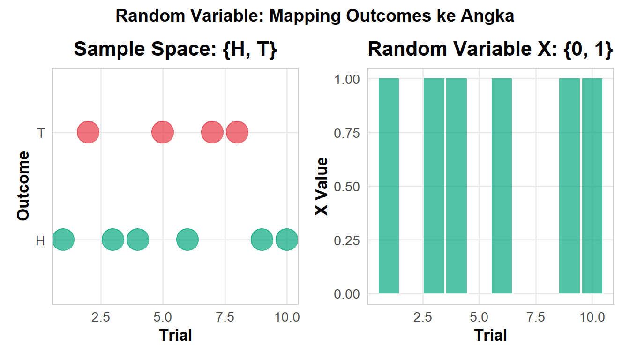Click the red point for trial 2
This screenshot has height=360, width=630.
pos(88,132)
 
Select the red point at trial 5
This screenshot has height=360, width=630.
pos(163,132)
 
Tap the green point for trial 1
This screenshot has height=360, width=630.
pos(63,240)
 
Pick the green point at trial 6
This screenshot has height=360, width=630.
pos(187,240)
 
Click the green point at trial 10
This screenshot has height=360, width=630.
pos(287,240)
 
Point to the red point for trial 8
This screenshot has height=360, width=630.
pos(237,132)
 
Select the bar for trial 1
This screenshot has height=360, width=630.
pos(389,186)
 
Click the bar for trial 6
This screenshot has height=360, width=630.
pos(502,186)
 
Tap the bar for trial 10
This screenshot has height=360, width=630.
pos(592,186)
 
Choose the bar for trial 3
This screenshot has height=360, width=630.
pos(434,186)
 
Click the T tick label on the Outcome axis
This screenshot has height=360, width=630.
pos(41,134)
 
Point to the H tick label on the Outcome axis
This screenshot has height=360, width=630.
pos(41,241)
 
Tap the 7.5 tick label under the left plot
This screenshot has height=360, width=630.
pos(225,317)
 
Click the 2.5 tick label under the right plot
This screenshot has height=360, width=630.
pos(423,317)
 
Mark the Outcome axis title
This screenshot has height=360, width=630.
pos(23,186)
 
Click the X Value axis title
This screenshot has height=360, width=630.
pos(322,187)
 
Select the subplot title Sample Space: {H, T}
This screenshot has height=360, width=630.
pos(175,49)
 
